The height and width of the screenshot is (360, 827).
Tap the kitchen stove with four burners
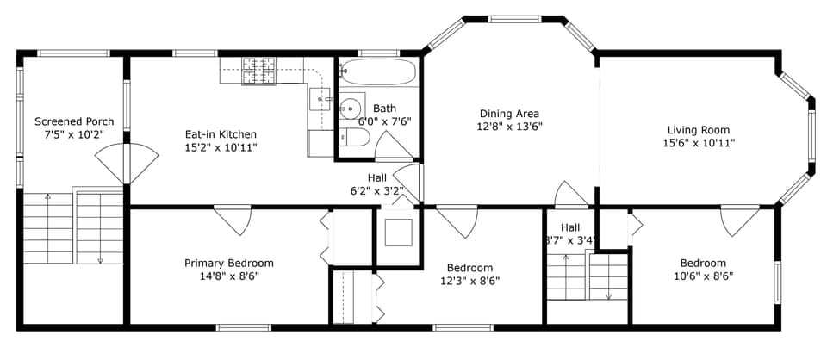258,71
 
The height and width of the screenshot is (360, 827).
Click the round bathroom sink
350,109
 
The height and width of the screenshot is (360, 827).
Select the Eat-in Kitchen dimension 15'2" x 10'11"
221,147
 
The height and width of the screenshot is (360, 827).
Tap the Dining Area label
509,113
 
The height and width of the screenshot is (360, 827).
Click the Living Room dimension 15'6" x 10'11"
698,143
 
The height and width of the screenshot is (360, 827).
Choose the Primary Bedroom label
229,263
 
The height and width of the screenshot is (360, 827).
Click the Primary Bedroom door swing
233,219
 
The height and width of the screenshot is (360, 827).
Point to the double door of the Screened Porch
127,162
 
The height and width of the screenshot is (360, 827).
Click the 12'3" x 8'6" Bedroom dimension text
469,281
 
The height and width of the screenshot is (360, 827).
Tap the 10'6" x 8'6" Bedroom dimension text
702,276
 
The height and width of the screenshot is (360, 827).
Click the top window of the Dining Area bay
514,19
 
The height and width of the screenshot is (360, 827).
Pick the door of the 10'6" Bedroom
739,219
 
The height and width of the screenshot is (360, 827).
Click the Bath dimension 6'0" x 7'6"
384,121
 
